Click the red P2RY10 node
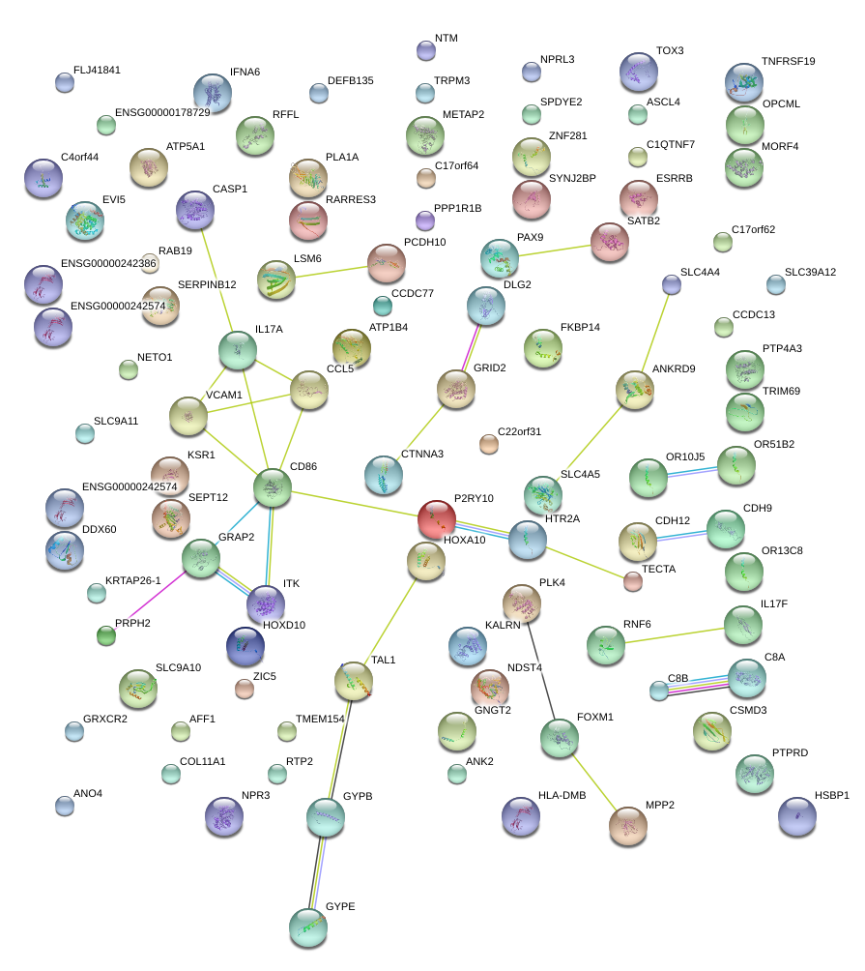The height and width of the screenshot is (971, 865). [x=436, y=519]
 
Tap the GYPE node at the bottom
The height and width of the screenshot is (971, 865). [x=308, y=927]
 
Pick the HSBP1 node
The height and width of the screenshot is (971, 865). [x=796, y=816]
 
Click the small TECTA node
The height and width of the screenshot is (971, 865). [x=632, y=581]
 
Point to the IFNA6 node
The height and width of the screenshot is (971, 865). [x=212, y=93]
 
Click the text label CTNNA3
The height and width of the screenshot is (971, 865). [x=422, y=454]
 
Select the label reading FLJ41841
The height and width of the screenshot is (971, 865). [x=97, y=71]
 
